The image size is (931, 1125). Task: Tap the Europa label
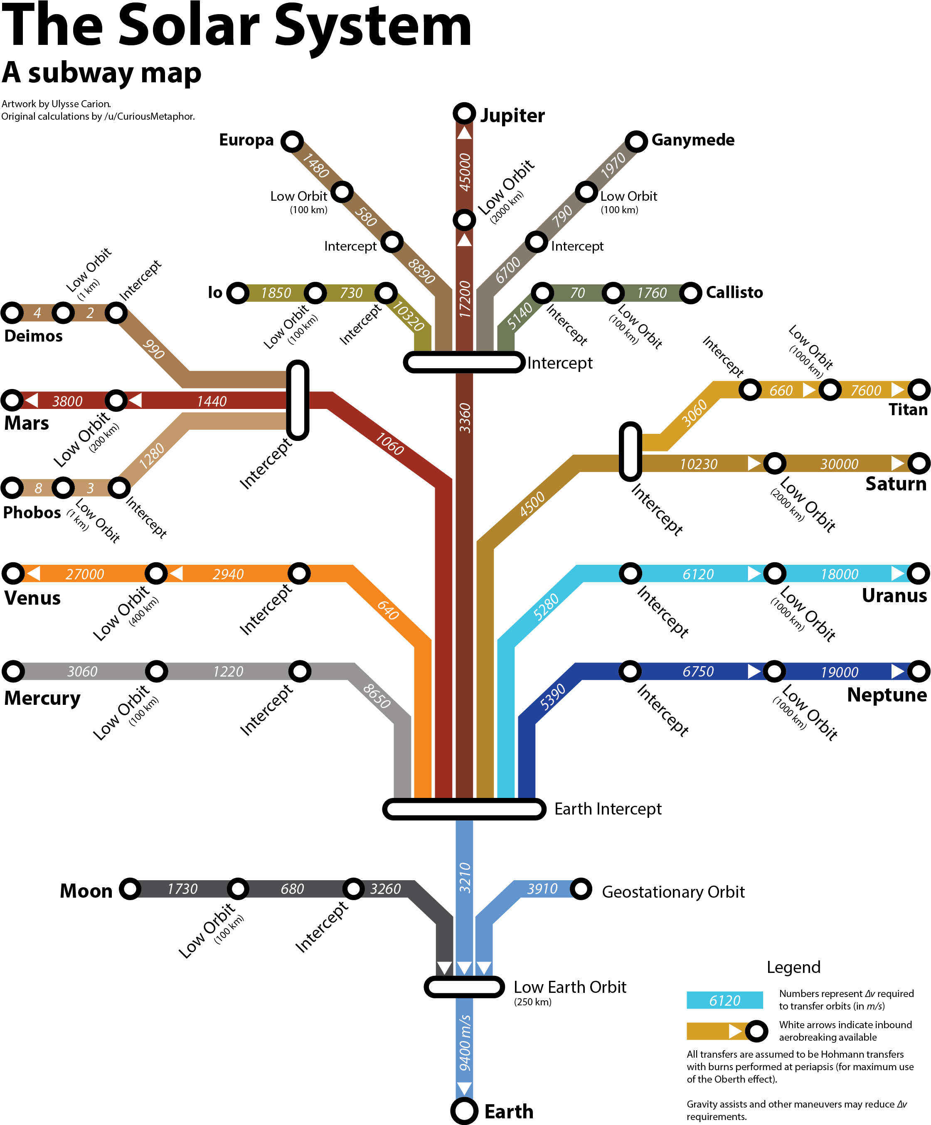(x=246, y=140)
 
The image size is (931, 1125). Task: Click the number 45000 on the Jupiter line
(x=464, y=172)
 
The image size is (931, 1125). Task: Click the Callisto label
(x=734, y=293)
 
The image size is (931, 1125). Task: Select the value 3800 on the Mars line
(x=67, y=401)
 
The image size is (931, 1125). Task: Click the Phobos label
(x=32, y=513)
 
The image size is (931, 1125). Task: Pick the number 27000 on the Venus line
(x=85, y=574)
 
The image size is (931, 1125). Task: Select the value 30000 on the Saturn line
(x=840, y=464)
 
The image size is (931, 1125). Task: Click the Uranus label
(x=894, y=596)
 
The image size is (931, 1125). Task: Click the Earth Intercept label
(x=608, y=809)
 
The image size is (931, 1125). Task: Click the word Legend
(x=793, y=967)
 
